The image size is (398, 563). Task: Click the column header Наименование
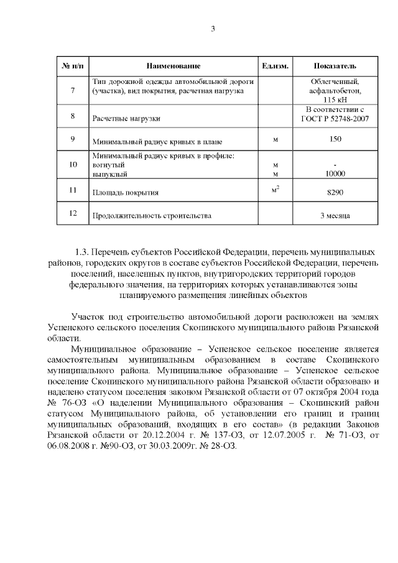click(x=174, y=66)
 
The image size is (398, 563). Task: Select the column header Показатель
click(x=335, y=66)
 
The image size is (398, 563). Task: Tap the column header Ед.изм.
click(x=275, y=66)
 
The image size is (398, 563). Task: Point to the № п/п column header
click(x=73, y=66)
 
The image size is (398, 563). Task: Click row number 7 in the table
click(x=73, y=91)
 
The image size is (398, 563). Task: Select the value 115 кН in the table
click(x=335, y=100)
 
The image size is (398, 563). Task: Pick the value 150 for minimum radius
click(x=335, y=139)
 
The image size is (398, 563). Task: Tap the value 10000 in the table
click(x=335, y=174)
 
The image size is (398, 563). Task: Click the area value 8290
click(x=335, y=193)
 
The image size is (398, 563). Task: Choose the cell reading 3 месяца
click(x=335, y=216)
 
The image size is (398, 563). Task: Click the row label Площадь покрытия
click(x=125, y=193)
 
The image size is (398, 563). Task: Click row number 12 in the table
click(x=73, y=213)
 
